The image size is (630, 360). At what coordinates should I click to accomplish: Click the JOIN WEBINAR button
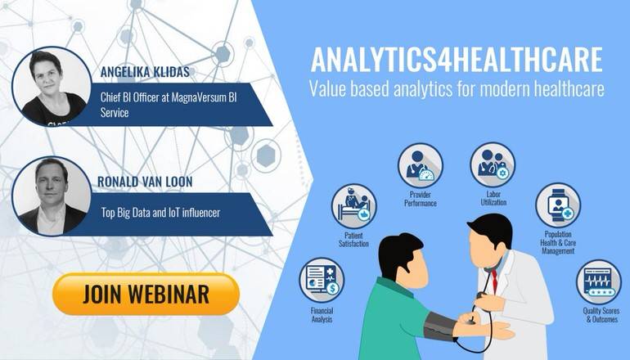click(146, 294)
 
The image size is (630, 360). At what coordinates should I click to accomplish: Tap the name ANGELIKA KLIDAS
click(145, 72)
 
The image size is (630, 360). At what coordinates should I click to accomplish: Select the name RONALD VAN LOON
click(145, 182)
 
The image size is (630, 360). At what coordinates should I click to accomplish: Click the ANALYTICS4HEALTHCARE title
click(457, 60)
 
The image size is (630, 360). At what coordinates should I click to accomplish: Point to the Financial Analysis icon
click(322, 280)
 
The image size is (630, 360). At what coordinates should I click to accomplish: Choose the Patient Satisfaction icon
click(353, 206)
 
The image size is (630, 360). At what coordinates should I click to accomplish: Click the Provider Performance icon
click(421, 165)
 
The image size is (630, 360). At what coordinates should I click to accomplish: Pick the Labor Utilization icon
click(493, 164)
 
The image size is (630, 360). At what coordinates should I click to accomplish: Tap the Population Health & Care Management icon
click(558, 205)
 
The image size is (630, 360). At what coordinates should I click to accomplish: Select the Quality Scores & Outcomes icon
click(599, 281)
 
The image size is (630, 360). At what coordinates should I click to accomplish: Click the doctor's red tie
click(495, 281)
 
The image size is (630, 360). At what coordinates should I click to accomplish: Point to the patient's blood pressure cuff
click(440, 326)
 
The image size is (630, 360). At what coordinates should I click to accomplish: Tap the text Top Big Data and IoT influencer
click(160, 212)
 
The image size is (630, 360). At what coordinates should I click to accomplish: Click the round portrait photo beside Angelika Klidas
click(52, 87)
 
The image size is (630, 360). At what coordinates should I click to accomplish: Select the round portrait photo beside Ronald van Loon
click(52, 196)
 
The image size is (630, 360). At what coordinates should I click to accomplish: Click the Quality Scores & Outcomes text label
click(601, 315)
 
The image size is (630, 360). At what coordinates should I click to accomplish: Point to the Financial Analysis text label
click(322, 315)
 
